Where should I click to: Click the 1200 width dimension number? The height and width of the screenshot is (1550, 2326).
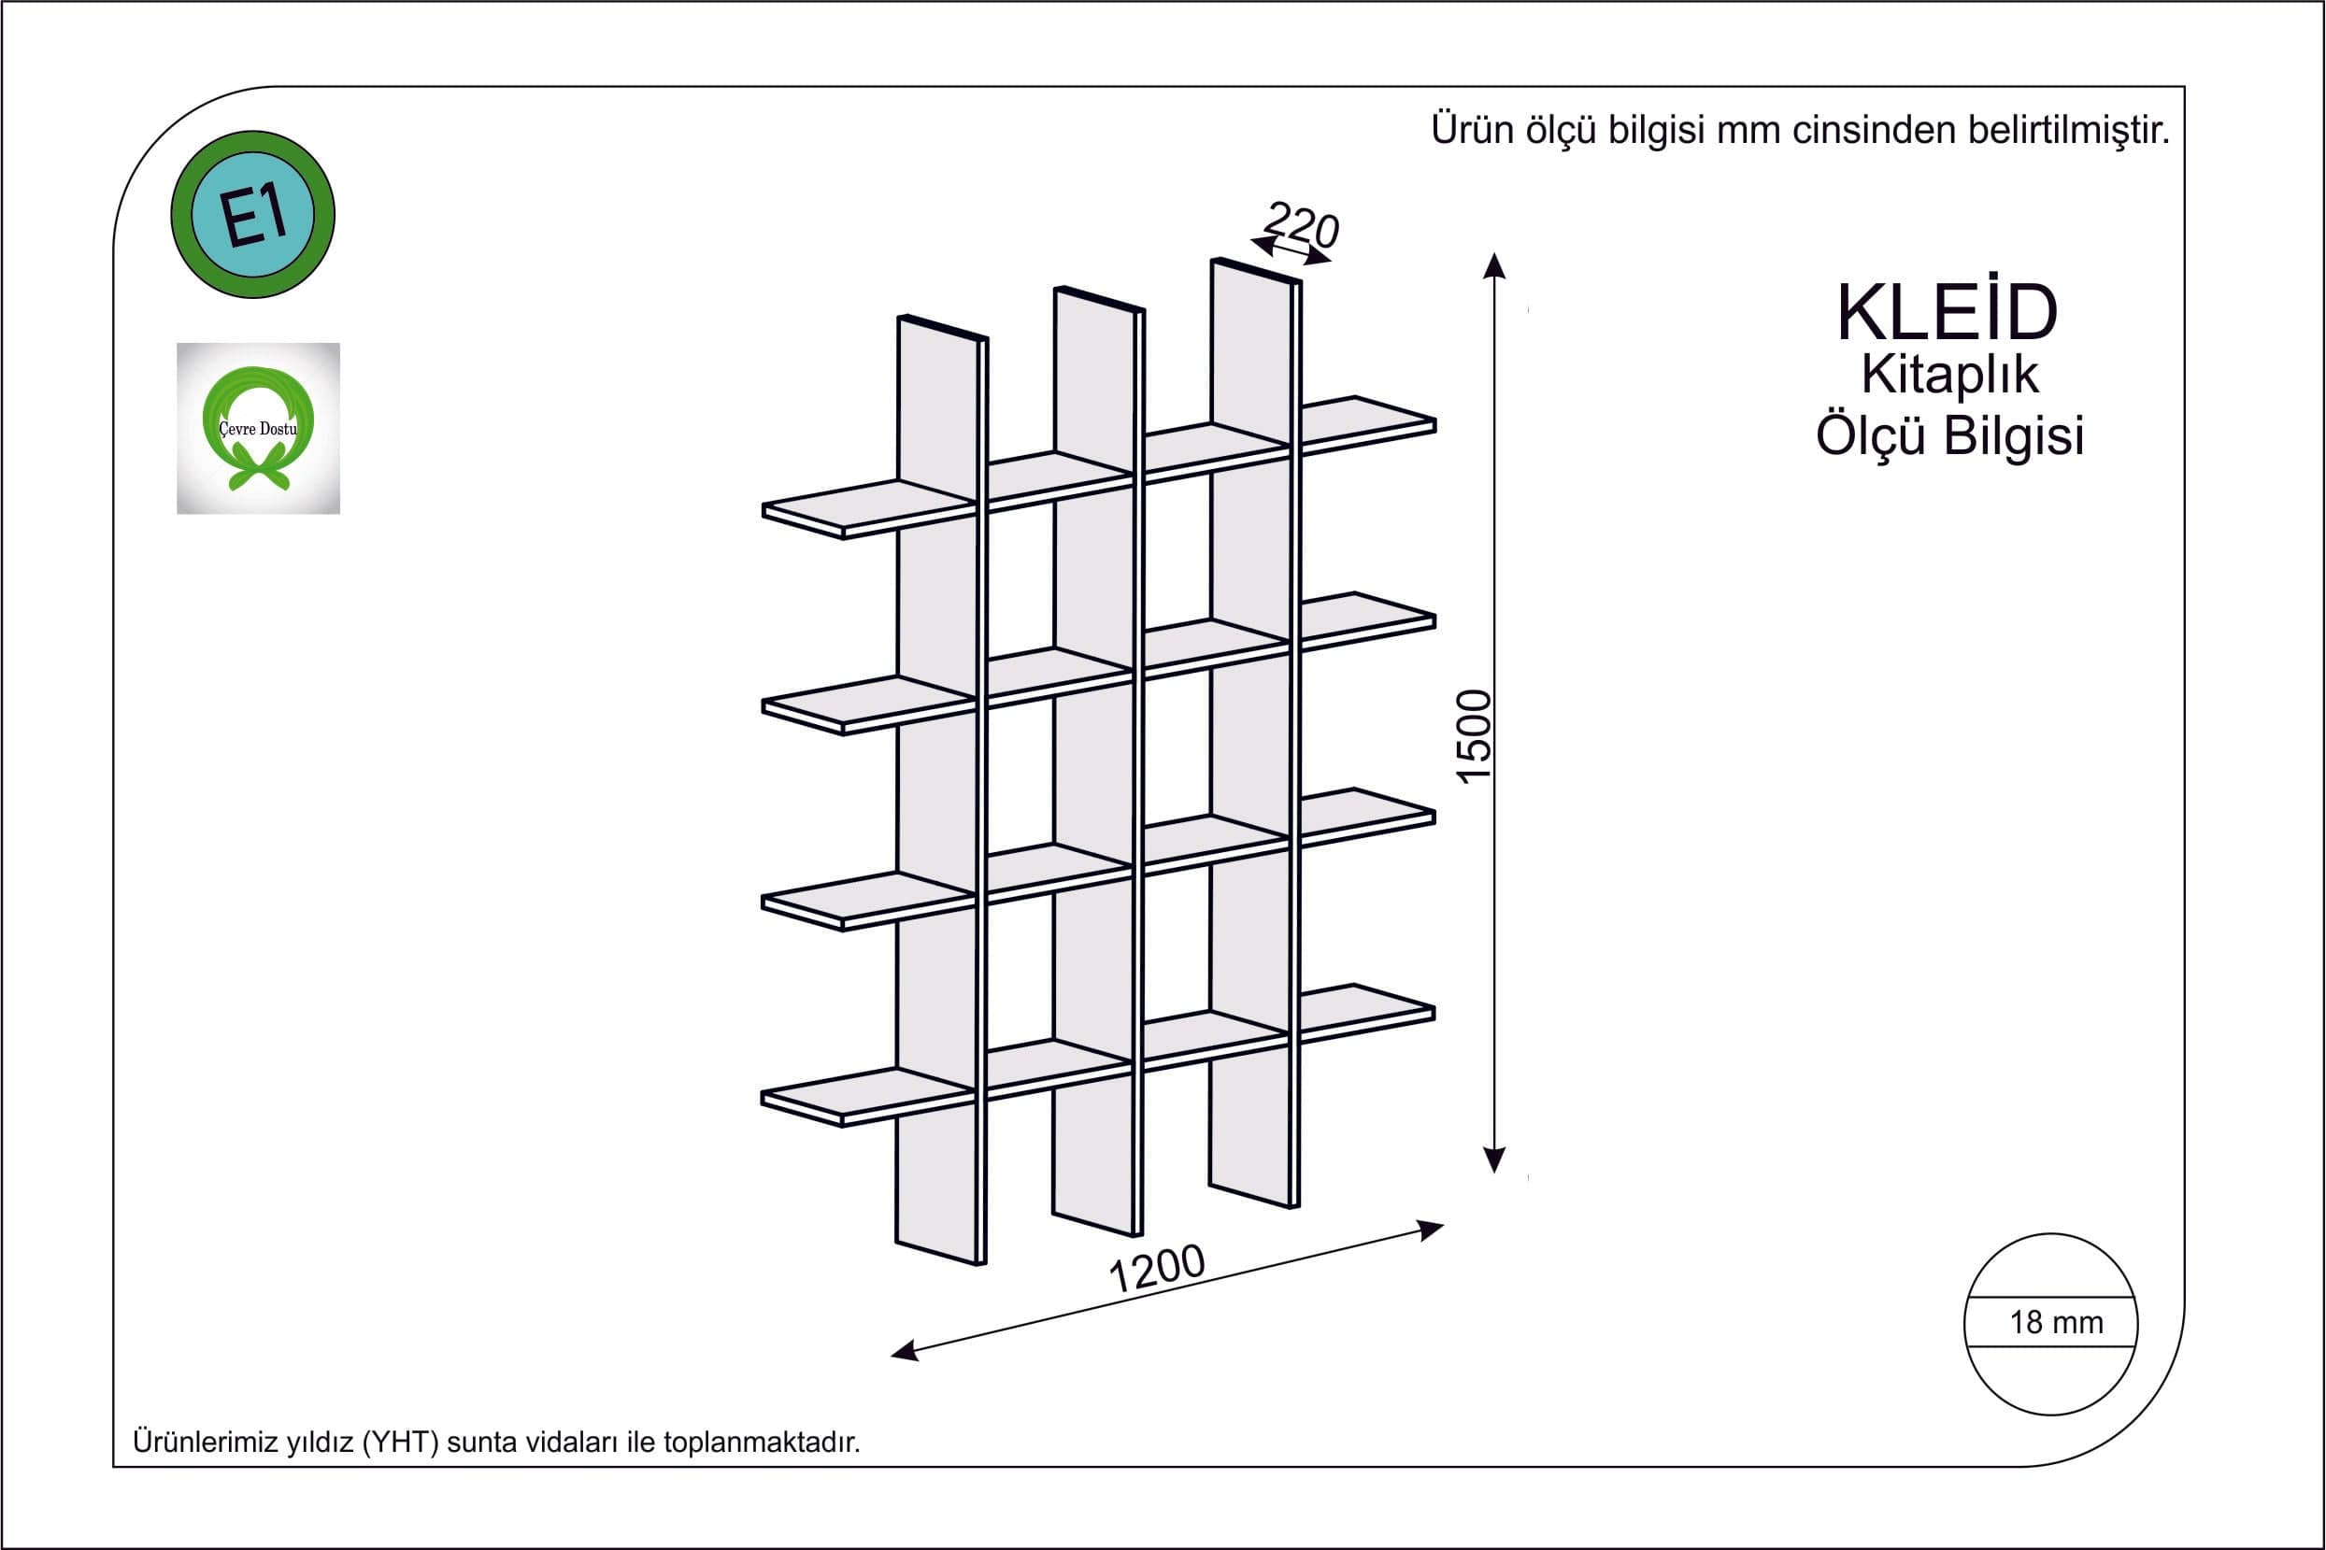(1157, 1270)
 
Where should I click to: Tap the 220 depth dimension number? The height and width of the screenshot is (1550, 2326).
(1302, 225)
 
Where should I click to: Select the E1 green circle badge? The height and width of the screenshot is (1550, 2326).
(253, 215)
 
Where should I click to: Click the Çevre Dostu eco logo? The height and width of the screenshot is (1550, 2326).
(258, 428)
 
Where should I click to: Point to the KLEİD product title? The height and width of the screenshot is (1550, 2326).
(1948, 313)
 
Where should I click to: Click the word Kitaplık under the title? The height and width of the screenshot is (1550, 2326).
(1949, 375)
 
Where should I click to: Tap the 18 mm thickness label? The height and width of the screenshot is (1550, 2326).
(2056, 1323)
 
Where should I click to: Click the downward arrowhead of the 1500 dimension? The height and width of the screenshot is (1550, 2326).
(1494, 1159)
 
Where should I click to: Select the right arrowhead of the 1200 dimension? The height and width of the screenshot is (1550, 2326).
(1432, 1229)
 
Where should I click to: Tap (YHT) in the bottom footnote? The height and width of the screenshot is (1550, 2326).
(400, 1443)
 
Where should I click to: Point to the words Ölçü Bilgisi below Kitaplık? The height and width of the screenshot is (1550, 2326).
(1949, 436)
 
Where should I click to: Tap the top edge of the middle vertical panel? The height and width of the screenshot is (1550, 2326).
(1099, 299)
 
